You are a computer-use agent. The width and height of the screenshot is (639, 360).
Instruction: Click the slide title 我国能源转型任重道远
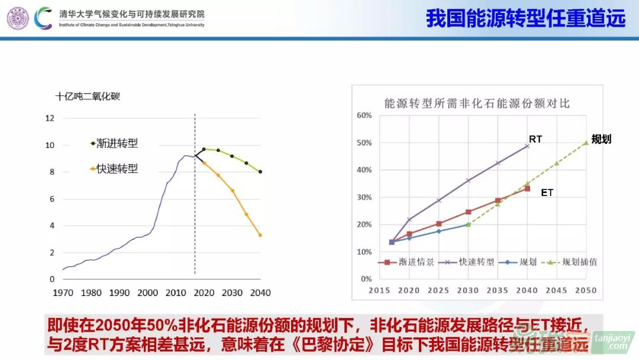525,18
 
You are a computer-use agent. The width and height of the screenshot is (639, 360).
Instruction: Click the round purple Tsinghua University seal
17,18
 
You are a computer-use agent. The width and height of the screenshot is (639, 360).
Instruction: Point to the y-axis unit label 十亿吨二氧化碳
88,96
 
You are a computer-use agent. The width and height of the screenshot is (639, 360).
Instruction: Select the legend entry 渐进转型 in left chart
117,143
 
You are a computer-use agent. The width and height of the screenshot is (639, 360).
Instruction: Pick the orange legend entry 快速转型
117,169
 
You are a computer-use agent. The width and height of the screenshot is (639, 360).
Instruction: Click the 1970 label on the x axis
63,292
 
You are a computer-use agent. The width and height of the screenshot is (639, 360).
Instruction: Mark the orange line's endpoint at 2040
260,235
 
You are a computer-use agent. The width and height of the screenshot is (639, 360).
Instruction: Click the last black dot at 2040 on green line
260,172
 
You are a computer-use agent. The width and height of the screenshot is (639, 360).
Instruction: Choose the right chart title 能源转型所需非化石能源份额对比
477,103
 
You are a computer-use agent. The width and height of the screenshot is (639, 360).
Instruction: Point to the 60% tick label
364,115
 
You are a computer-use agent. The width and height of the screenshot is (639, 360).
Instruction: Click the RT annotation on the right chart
535,139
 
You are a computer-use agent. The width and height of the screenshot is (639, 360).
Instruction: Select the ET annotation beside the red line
547,192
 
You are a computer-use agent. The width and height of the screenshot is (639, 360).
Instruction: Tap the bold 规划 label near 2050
601,139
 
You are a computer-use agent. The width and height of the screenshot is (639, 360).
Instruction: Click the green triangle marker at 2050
586,142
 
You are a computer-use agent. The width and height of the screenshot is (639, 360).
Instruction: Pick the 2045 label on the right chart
557,291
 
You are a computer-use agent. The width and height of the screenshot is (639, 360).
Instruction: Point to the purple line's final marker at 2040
527,146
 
